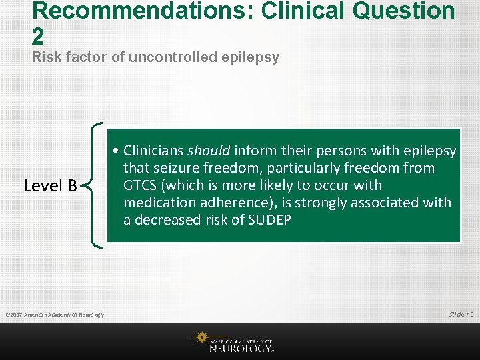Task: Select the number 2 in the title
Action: [38, 36]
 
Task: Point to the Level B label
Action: [51, 185]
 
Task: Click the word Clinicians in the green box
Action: [153, 151]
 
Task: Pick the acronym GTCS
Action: [141, 185]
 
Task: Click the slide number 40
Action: [470, 314]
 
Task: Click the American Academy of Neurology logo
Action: [233, 341]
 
